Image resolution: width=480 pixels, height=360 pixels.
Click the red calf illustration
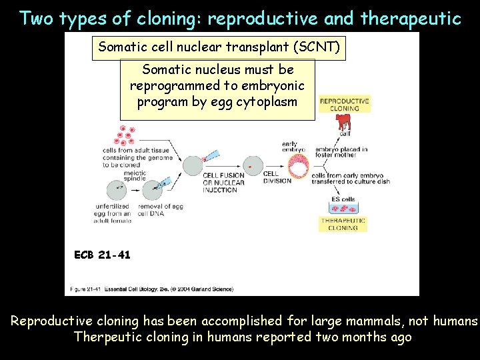point(343,122)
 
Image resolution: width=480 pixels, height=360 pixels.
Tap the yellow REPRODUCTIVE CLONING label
point(344,105)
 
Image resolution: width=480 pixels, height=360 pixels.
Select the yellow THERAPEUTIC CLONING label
point(343,224)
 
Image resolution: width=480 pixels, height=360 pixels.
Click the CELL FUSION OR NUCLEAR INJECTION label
point(223,183)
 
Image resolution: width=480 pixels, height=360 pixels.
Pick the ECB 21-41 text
point(103,254)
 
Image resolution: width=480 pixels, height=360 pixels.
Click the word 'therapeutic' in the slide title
point(411,18)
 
